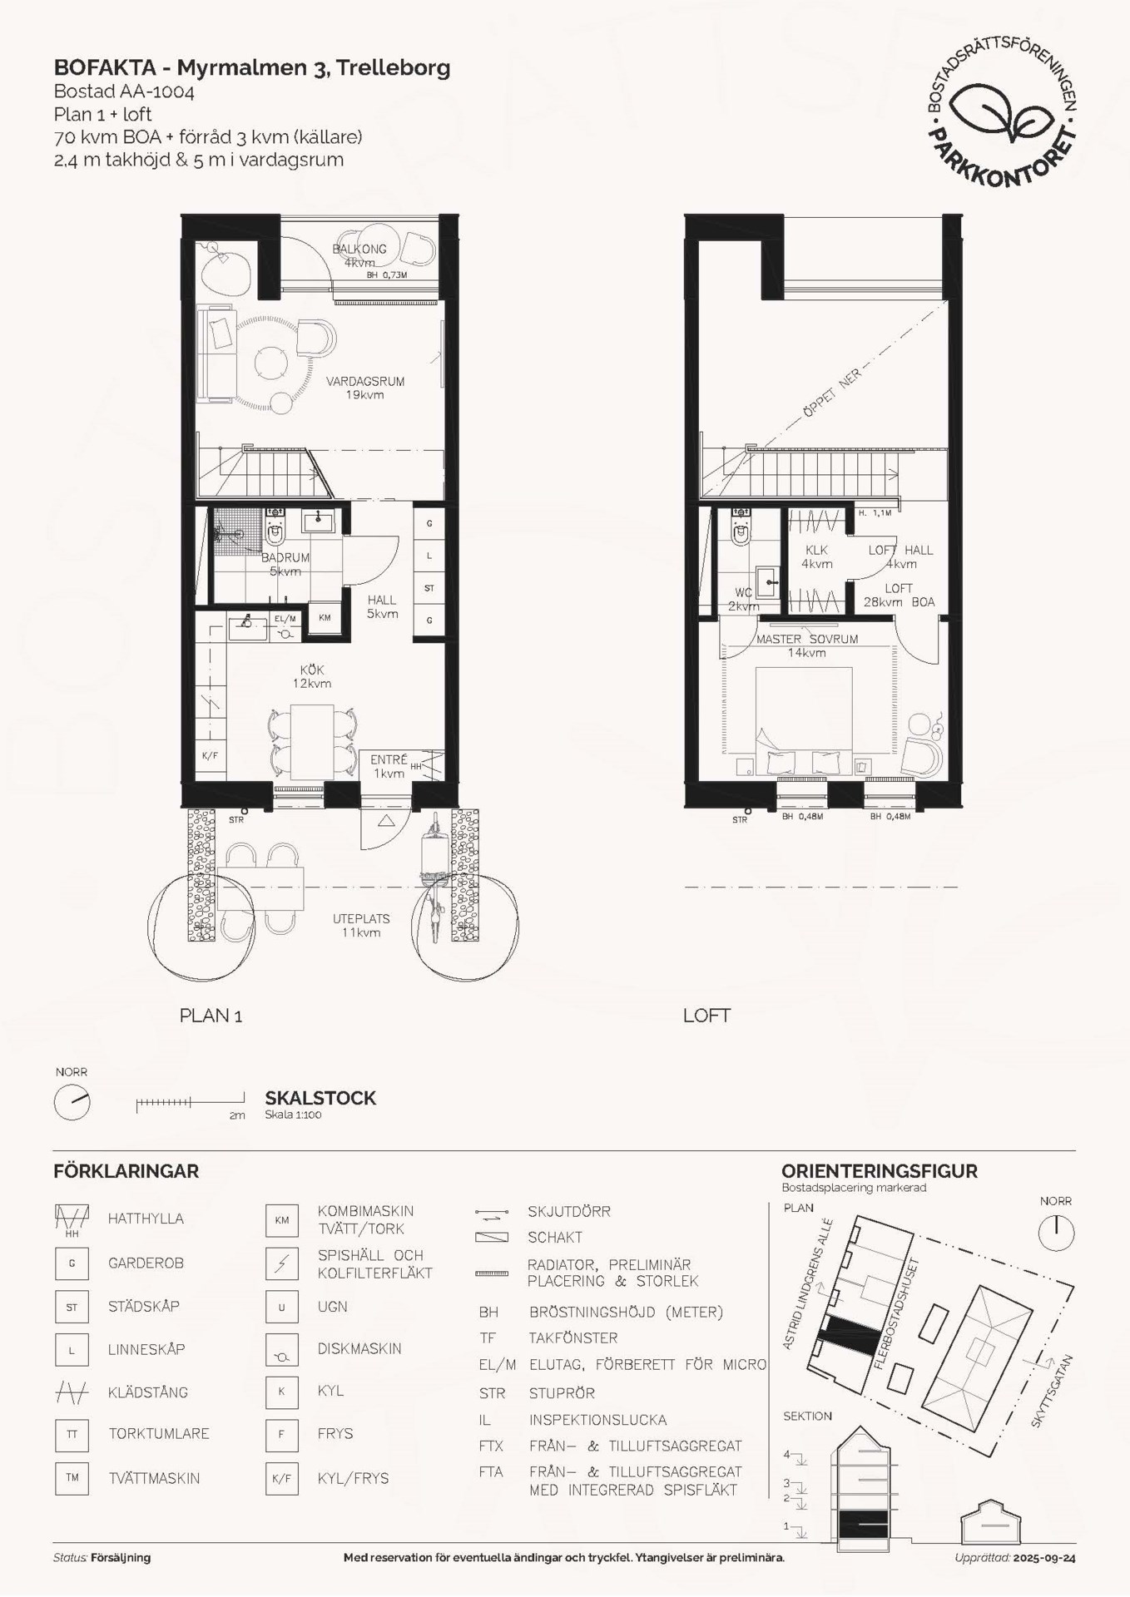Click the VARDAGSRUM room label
coord(365,381)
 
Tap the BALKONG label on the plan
coord(359,249)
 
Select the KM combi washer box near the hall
coord(325,618)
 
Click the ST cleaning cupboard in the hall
coord(429,588)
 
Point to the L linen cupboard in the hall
coord(429,556)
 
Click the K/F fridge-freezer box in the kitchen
coord(211,756)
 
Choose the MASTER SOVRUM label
coord(806,639)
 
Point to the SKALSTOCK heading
coord(320,1098)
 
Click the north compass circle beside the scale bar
coord(72,1102)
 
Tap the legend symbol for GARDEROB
coord(72,1263)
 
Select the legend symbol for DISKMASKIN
coord(282,1349)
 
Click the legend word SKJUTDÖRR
coord(569,1212)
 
